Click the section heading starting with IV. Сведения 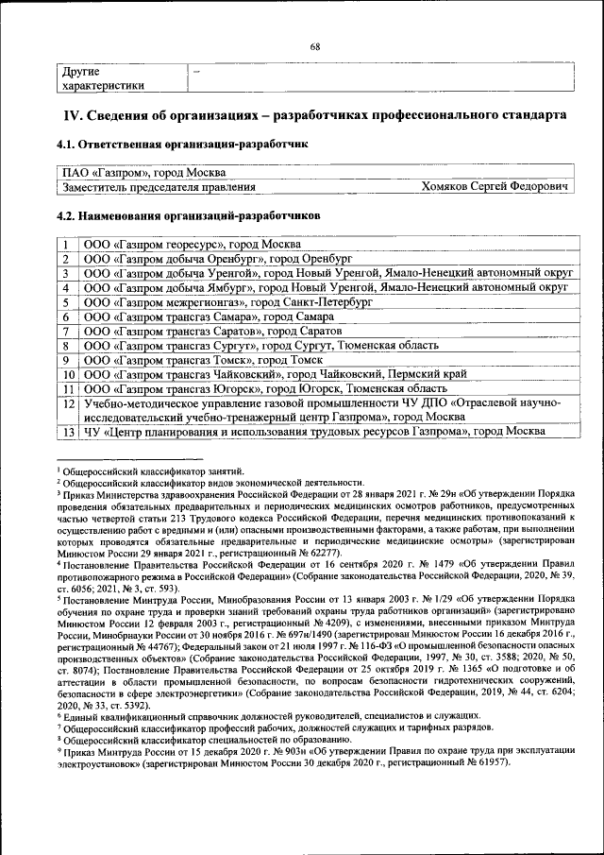[314, 116]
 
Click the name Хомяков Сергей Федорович [495, 188]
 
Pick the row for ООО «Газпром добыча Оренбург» [217, 258]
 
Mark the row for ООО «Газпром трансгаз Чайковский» [274, 374]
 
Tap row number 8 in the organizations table [68, 346]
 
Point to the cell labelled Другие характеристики [104, 78]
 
